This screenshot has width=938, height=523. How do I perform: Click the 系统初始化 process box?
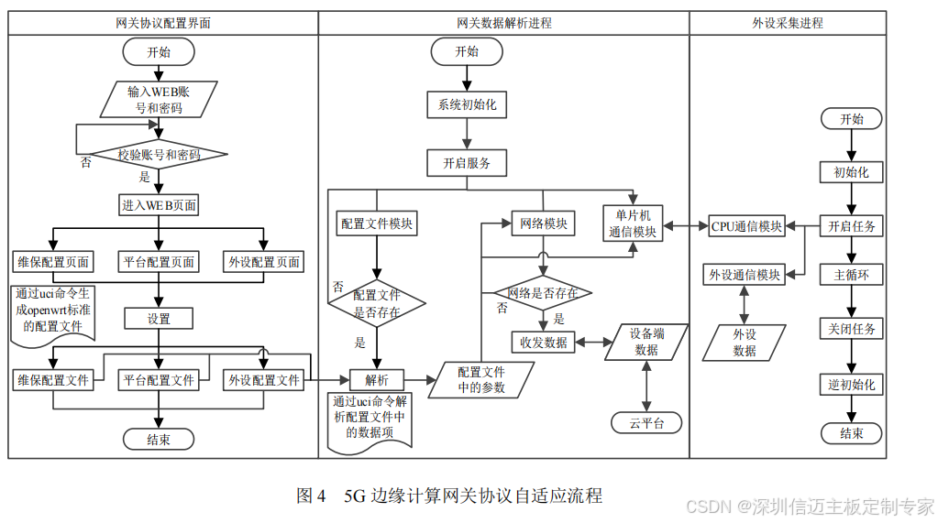click(467, 105)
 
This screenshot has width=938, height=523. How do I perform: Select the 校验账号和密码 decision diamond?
click(159, 155)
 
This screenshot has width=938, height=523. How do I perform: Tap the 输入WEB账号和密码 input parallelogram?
click(159, 99)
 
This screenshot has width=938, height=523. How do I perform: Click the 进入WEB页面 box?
click(159, 205)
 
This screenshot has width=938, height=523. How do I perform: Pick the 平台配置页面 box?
click(159, 262)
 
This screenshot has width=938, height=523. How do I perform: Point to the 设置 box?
click(159, 319)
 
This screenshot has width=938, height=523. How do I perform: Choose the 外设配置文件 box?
click(264, 379)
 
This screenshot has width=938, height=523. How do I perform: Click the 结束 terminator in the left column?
click(159, 440)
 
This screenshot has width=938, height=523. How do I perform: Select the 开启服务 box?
click(467, 164)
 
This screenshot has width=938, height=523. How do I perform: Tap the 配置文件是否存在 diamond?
click(377, 303)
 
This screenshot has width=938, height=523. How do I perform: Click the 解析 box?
click(377, 379)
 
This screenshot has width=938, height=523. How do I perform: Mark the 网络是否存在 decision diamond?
click(543, 293)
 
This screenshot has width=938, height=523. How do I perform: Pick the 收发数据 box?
click(543, 343)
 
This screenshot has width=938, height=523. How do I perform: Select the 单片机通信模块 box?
click(634, 223)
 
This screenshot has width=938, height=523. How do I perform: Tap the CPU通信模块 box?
click(746, 226)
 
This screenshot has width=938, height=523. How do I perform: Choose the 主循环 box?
click(852, 275)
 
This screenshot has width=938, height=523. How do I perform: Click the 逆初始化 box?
click(852, 385)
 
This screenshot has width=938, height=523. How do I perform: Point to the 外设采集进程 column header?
click(788, 23)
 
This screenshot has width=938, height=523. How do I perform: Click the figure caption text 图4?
click(311, 496)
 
